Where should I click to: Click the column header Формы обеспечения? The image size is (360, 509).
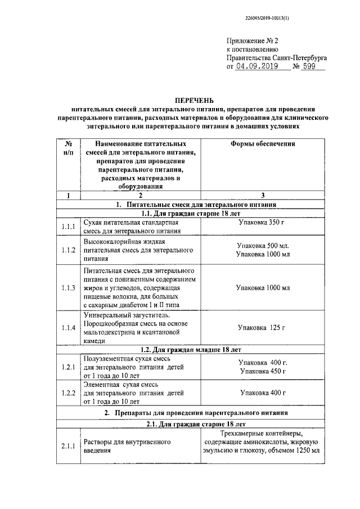263,144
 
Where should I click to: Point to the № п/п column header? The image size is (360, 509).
69,148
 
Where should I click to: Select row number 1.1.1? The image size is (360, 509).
69,227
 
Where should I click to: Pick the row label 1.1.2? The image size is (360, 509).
69,250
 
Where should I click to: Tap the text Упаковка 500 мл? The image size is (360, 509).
263,246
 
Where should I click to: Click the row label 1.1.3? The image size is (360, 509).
69,287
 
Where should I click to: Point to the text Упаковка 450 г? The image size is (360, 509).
263,371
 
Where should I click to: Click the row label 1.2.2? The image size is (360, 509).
69,393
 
